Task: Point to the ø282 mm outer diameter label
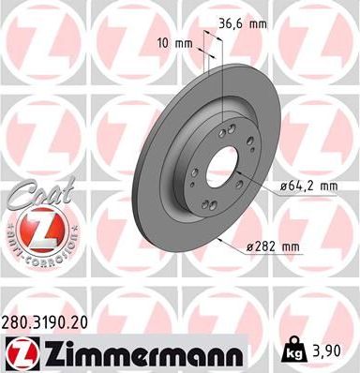pos(272,246)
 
